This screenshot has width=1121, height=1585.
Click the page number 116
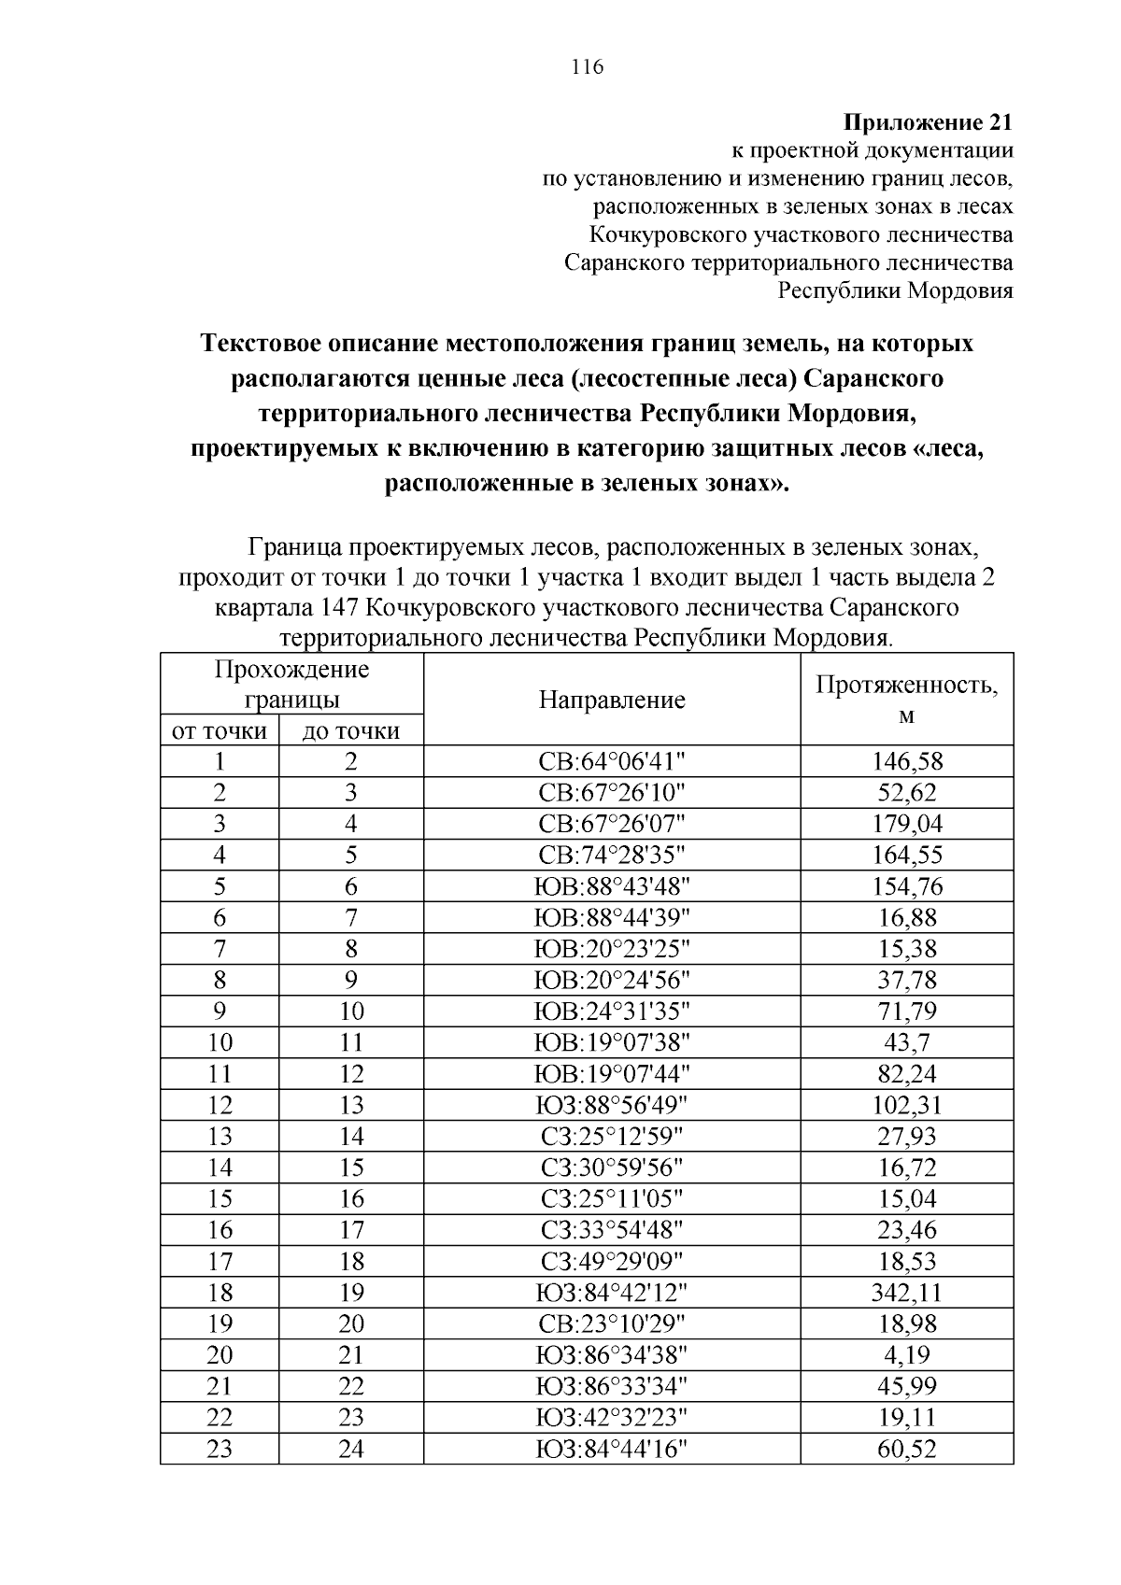(587, 66)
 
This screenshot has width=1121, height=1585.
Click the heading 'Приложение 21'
(928, 123)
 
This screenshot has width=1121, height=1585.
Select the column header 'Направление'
(612, 700)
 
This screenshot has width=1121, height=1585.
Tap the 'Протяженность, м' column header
(906, 699)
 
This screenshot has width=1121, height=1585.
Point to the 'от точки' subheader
(220, 730)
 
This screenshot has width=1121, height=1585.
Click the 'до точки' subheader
(350, 730)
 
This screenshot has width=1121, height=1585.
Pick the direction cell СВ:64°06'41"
(612, 761)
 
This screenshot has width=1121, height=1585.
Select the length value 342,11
(906, 1293)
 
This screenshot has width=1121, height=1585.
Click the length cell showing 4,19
(906, 1355)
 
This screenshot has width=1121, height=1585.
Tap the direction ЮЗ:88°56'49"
(612, 1105)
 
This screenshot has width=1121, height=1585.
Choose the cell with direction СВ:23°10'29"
(612, 1323)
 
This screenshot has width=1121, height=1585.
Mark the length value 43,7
(906, 1042)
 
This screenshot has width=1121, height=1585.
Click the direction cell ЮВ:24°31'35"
(612, 1012)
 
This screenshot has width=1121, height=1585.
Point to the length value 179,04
(906, 824)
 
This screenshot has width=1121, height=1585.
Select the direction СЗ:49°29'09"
(612, 1261)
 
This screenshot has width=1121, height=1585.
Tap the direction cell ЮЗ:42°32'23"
(612, 1418)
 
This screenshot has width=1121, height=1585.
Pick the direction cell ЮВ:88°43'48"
(612, 886)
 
